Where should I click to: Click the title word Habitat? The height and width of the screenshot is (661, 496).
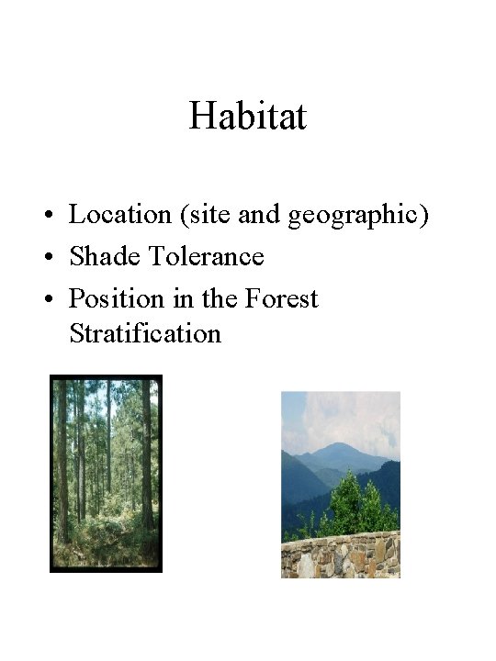[247, 118]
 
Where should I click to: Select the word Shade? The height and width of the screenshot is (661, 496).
[104, 257]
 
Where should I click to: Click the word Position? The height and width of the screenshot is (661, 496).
[115, 299]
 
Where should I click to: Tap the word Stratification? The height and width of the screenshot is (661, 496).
[145, 333]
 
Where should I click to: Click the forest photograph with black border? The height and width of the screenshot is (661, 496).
[106, 473]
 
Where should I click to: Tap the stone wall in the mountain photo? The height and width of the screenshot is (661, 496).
[340, 556]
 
